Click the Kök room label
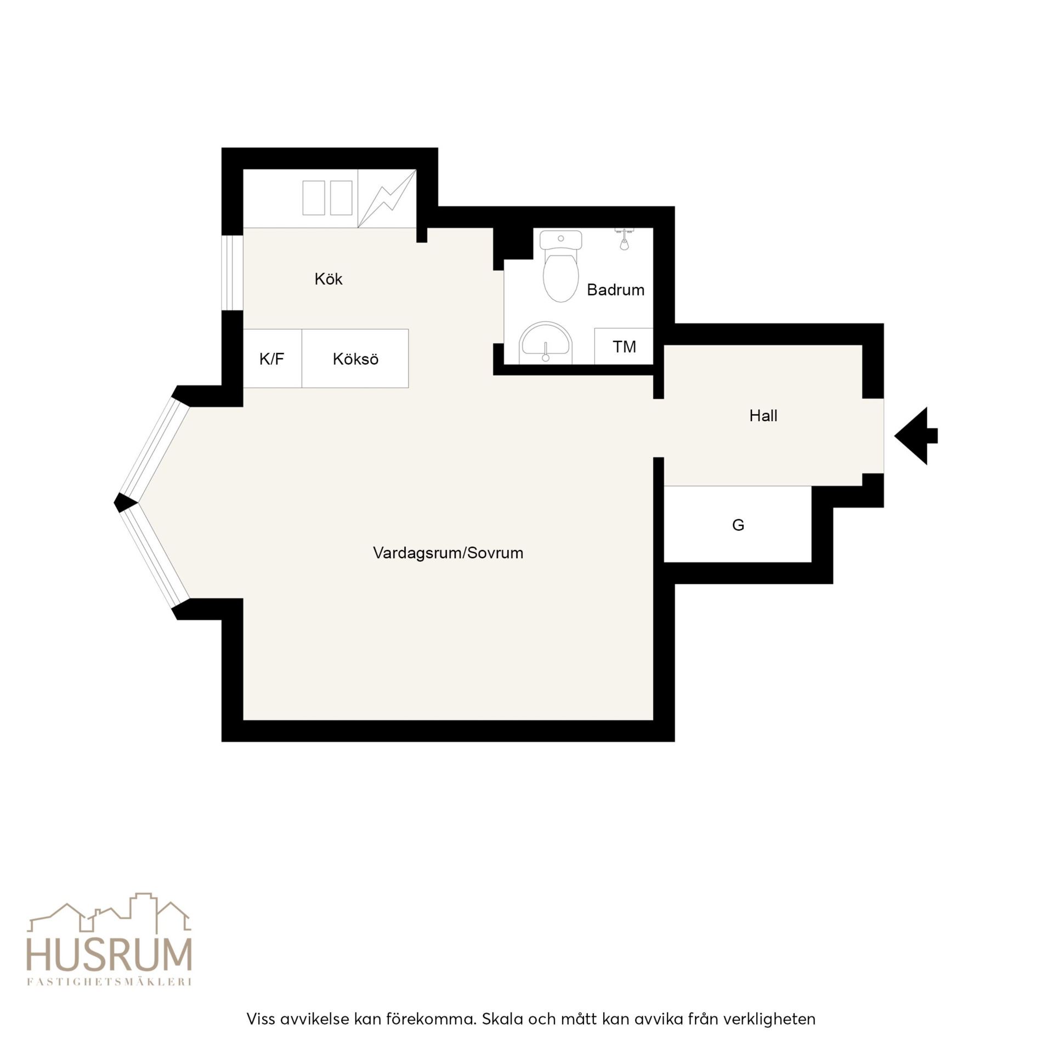point(329,279)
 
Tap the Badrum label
point(615,290)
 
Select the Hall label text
point(763,416)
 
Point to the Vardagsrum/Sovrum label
point(448,553)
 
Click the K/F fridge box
point(273,359)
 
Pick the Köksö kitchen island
point(355,359)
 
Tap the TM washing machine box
point(624,346)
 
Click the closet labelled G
point(738,524)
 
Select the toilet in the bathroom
point(561,267)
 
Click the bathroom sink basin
point(546,343)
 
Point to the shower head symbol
point(624,239)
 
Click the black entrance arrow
point(916,436)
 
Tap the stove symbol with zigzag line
point(387,199)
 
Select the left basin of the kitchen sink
point(314,198)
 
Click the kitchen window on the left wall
point(232,273)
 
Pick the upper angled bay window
point(155,448)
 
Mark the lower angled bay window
point(155,556)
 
